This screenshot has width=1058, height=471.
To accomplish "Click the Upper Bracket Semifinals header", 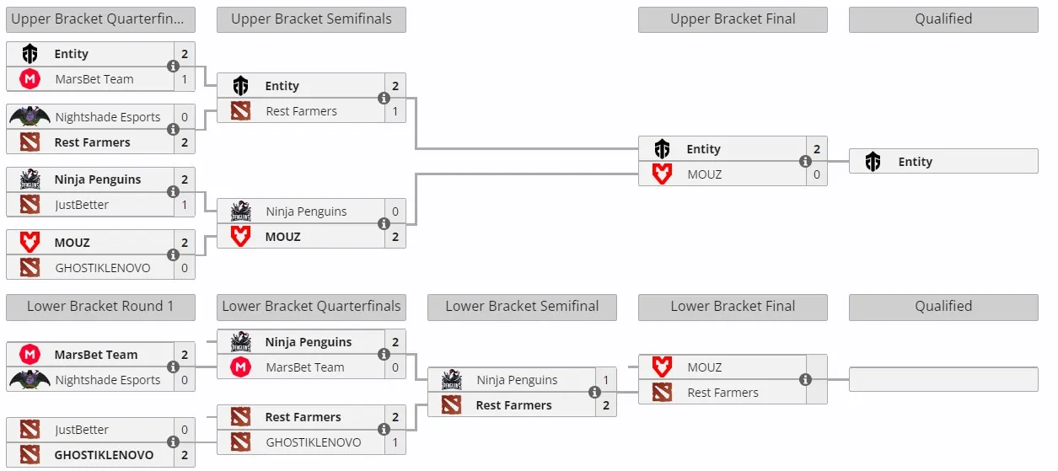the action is click(x=311, y=19).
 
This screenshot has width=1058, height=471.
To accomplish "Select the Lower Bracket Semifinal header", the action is click(x=522, y=307).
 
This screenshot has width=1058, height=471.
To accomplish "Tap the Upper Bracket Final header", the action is click(x=733, y=19).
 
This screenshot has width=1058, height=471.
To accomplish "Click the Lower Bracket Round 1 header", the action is click(x=100, y=307).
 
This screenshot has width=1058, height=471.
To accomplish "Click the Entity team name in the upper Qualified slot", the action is click(x=915, y=162).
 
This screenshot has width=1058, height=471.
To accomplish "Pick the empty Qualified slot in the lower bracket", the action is click(x=943, y=379).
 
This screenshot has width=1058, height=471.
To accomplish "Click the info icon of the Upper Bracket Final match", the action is click(x=805, y=162).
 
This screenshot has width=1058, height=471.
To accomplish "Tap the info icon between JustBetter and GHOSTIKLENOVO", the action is click(x=174, y=442).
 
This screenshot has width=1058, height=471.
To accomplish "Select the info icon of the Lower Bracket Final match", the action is click(x=805, y=379).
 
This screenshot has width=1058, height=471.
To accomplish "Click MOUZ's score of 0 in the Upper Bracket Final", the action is click(x=817, y=174).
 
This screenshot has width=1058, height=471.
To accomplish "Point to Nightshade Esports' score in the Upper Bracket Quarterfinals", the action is click(x=185, y=117).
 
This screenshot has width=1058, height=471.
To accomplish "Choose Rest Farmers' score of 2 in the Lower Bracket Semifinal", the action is click(x=606, y=405).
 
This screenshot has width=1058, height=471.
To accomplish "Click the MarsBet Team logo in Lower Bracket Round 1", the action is click(x=30, y=355).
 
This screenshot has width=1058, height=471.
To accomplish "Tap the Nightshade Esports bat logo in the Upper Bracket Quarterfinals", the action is click(x=30, y=116).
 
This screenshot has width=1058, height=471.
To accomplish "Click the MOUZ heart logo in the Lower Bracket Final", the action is click(x=662, y=367).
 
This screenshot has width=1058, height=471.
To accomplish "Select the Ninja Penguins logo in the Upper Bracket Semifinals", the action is click(x=240, y=211).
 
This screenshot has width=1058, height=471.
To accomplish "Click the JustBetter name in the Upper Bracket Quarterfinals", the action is click(x=82, y=205).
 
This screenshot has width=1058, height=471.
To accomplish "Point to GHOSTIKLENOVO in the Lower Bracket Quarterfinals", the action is click(x=313, y=442).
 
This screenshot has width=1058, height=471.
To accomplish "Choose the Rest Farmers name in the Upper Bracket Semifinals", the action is click(x=301, y=111).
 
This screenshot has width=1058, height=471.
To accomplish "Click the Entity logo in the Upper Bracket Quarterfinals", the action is click(x=30, y=54).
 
